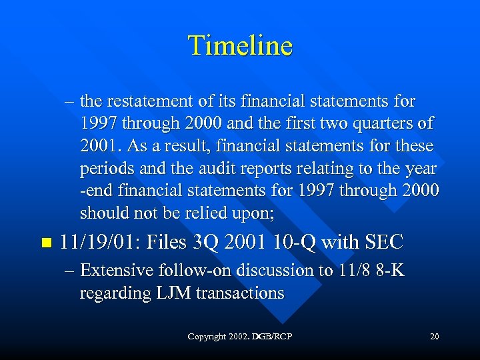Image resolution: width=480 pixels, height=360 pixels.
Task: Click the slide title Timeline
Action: [240, 46]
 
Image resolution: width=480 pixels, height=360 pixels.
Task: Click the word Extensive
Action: [116, 270]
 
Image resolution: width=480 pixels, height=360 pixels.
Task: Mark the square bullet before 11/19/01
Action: [45, 243]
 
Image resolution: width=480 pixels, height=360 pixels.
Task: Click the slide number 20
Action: [434, 337]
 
